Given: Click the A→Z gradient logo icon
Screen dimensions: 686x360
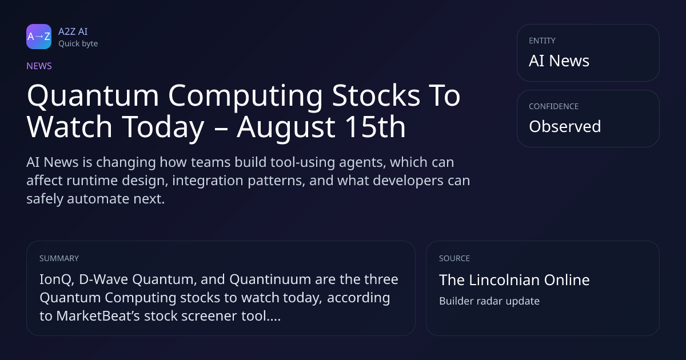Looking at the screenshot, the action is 39,37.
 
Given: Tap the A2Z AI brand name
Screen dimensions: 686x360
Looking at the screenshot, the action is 73,31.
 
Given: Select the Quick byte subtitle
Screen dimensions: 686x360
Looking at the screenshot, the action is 78,44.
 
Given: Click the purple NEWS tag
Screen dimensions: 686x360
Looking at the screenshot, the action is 39,66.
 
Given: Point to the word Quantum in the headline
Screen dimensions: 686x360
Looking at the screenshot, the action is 93,96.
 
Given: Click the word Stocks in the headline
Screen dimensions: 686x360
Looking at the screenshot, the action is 376,95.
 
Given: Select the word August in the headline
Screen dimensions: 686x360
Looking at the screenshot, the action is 286,127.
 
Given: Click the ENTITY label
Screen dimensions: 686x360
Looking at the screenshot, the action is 542,41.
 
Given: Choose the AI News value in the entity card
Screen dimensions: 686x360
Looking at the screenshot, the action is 559,61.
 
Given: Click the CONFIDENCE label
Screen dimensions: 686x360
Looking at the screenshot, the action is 554,106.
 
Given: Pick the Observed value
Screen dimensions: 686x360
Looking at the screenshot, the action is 565,126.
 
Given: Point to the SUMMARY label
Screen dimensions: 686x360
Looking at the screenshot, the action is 59,258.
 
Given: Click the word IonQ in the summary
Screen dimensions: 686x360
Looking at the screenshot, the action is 57,280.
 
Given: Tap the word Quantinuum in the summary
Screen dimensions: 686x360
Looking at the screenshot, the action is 270,279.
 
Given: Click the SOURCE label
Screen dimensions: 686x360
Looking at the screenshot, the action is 454,258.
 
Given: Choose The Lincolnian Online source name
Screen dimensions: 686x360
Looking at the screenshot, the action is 514,280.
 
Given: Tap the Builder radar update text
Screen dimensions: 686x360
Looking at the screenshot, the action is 489,301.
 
